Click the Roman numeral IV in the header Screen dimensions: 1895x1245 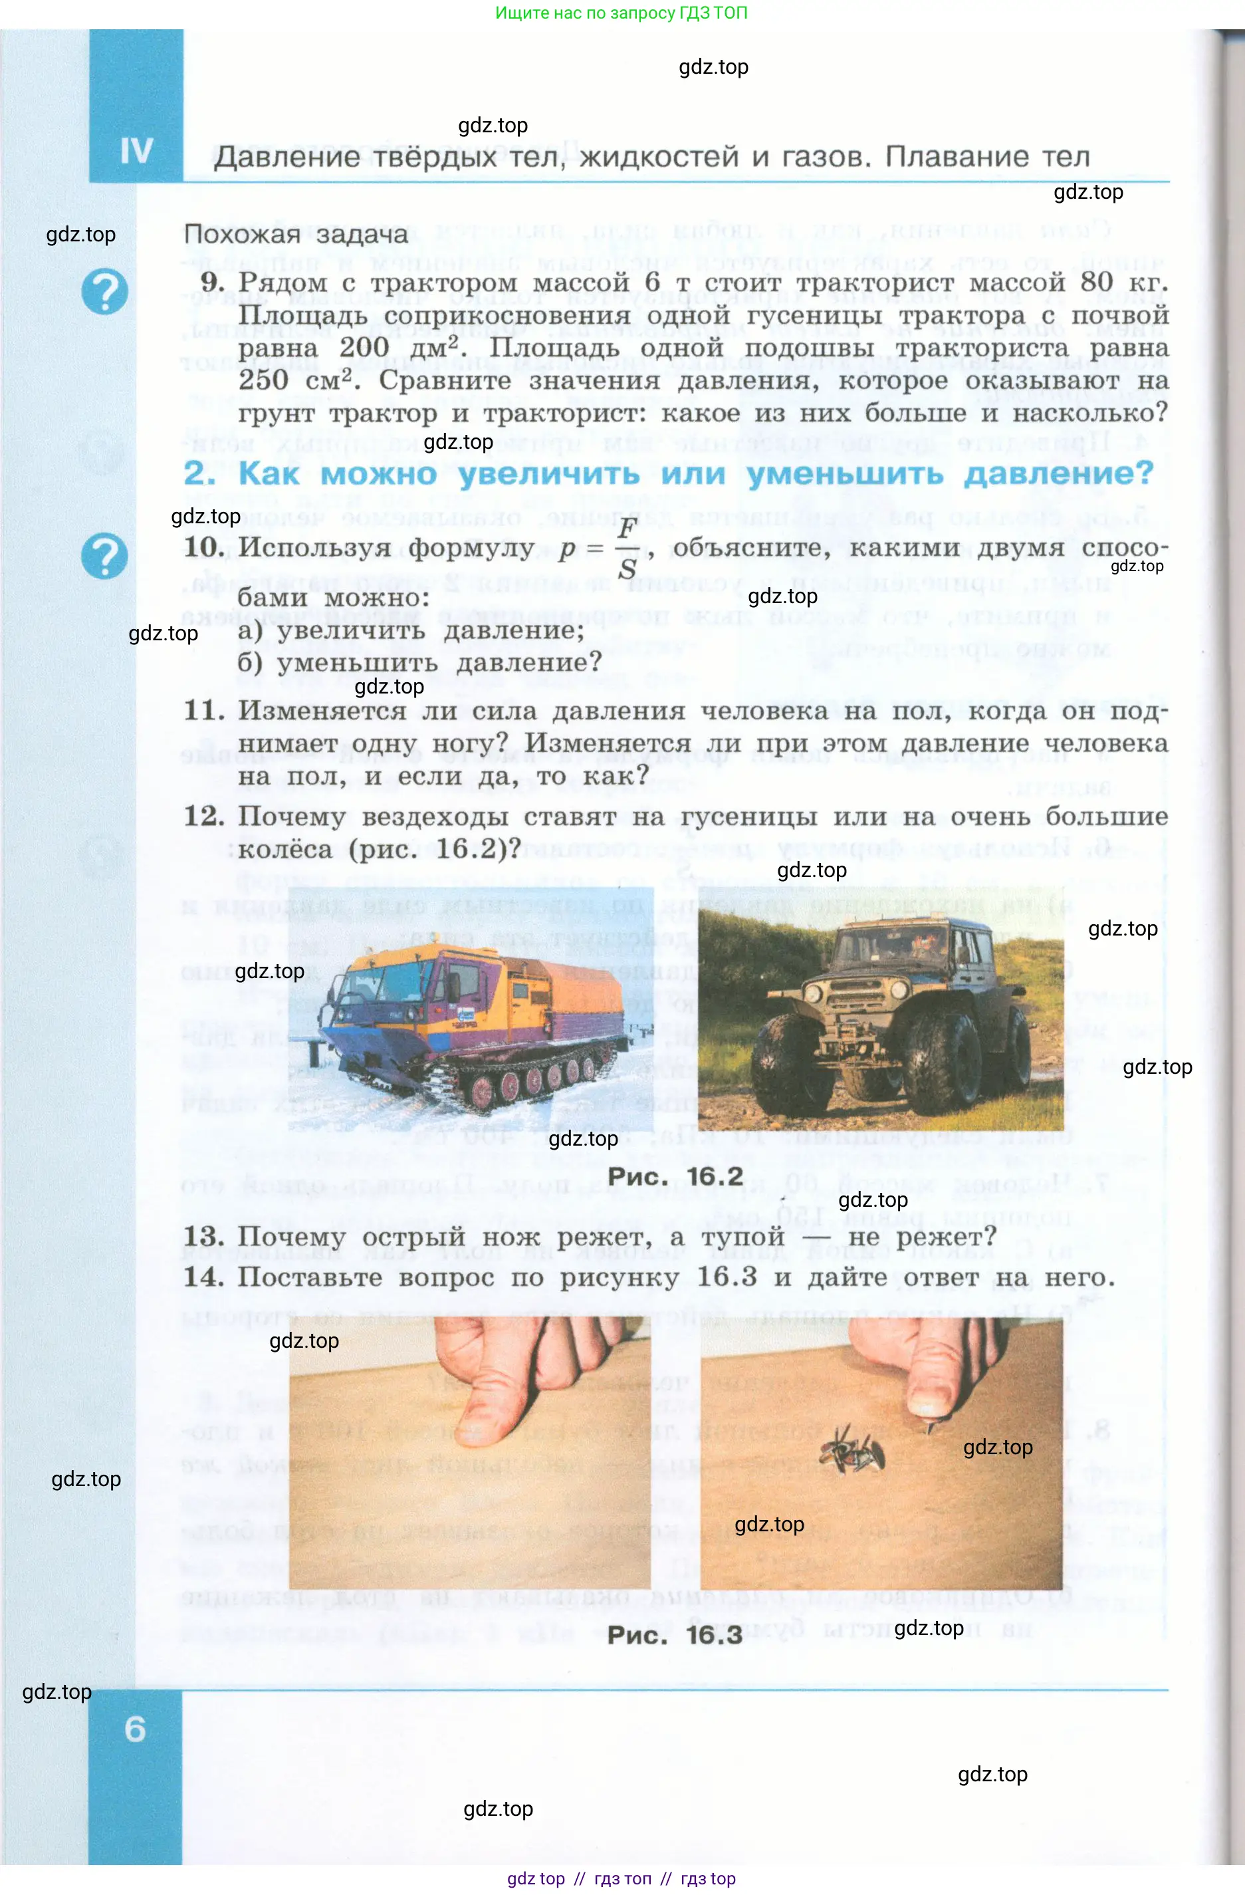(x=136, y=150)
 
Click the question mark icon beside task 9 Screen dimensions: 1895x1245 (x=104, y=291)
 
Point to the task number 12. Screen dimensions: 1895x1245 (x=204, y=816)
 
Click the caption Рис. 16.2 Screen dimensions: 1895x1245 (x=675, y=1176)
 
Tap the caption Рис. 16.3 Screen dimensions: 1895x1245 (x=675, y=1636)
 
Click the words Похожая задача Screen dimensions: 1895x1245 (x=296, y=234)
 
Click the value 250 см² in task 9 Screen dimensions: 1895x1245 (x=295, y=380)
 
